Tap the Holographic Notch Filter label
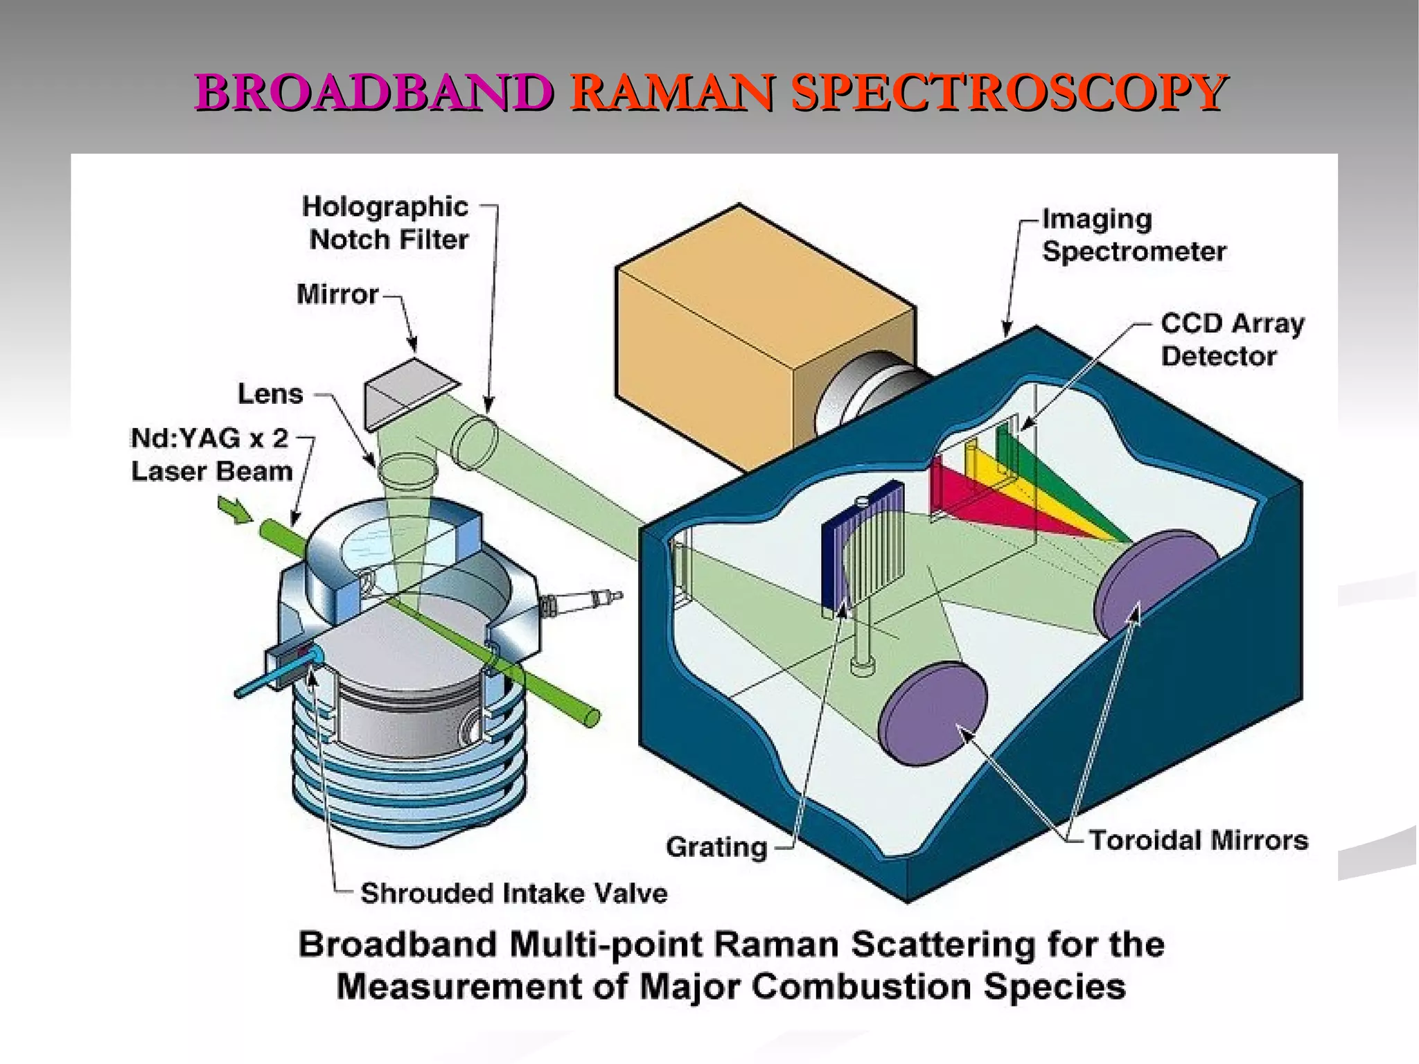click(x=387, y=223)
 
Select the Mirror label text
click(x=337, y=294)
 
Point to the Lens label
click(x=270, y=394)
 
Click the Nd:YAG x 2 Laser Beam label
click(x=211, y=455)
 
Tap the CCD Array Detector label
click(x=1231, y=339)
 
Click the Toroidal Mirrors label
click(x=1198, y=840)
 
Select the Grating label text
click(x=716, y=847)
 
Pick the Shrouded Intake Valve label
click(x=513, y=893)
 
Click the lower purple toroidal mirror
click(x=932, y=713)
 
